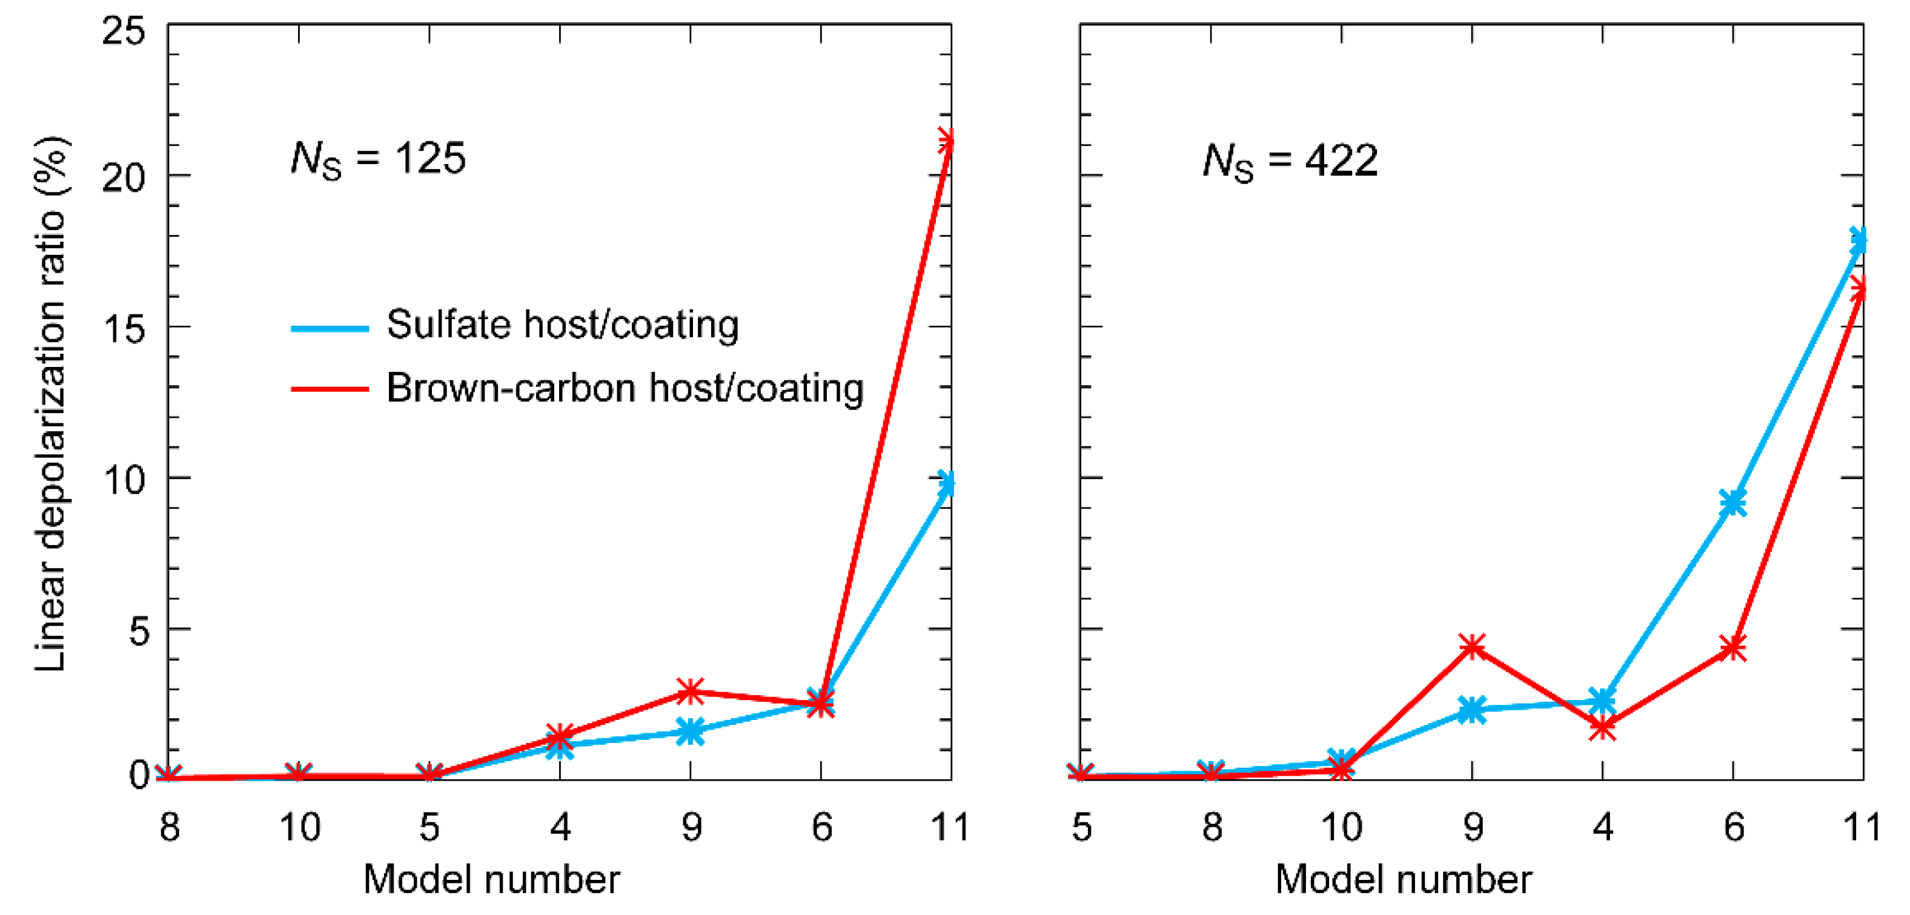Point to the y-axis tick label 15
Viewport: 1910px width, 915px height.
123,328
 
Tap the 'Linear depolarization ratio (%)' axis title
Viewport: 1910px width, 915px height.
50,404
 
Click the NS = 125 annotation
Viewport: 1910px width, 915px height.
377,159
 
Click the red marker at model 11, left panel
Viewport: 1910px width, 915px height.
947,141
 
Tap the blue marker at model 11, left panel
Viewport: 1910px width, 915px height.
947,483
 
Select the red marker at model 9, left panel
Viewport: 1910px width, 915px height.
691,691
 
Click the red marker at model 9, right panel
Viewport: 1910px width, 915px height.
1472,647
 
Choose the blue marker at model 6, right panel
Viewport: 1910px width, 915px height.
1733,503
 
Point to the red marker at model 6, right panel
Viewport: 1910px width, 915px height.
1733,648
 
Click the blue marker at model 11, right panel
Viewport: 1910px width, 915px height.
1859,241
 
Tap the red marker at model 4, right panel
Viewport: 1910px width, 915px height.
1602,727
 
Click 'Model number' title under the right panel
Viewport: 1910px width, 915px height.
1403,880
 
